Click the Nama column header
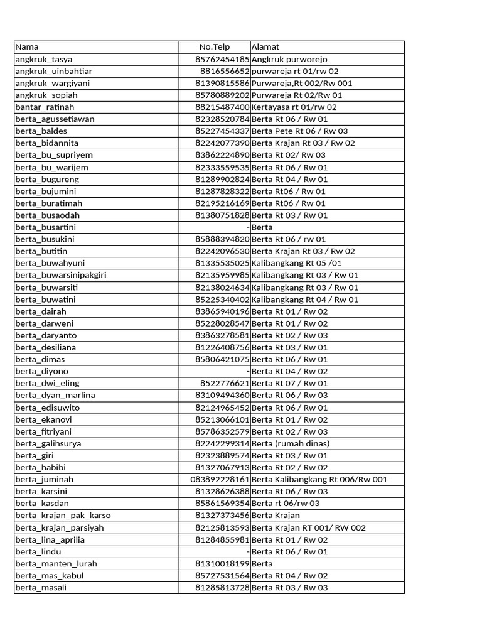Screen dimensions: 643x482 coord(27,47)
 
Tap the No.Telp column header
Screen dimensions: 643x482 coord(215,47)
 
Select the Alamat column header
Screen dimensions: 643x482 coord(265,47)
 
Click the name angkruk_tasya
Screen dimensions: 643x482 coord(43,59)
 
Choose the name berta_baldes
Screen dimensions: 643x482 coord(41,131)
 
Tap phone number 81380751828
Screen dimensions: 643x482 coord(222,215)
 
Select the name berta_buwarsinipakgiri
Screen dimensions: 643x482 coord(61,275)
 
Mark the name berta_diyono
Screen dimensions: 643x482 coord(41,371)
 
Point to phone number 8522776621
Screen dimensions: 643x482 coord(225,383)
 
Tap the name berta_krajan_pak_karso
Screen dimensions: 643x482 coord(63,516)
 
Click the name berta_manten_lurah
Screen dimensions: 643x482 coord(56,564)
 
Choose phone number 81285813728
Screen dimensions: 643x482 coord(222,588)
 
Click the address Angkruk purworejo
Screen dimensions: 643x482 coord(289,59)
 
